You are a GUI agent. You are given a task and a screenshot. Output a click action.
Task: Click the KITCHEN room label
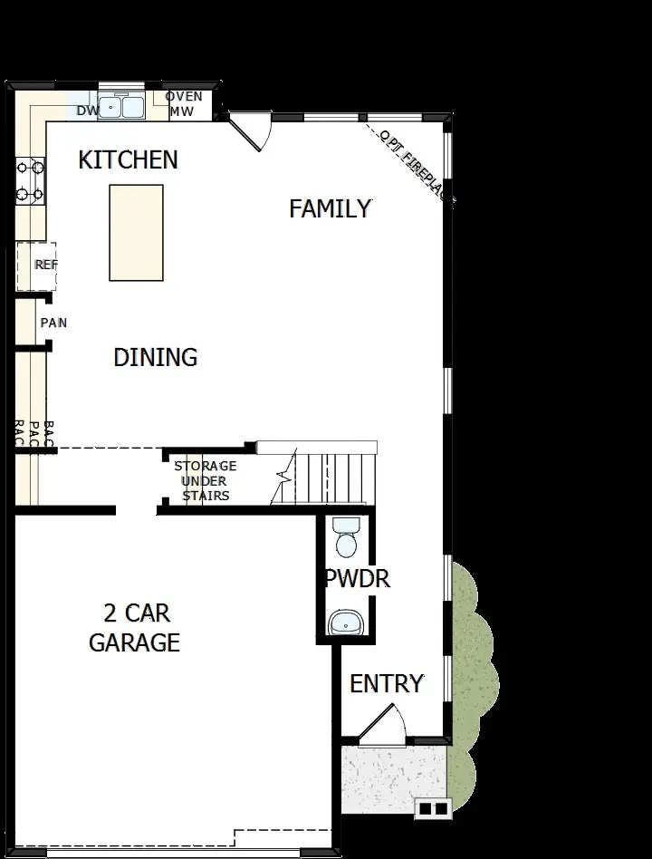(x=128, y=159)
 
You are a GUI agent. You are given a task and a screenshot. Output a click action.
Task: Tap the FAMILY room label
(x=330, y=208)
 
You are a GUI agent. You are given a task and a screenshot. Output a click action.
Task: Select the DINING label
(x=155, y=357)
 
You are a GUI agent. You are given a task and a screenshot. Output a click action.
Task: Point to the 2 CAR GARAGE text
(x=134, y=628)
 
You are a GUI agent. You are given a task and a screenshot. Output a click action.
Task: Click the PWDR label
(x=358, y=578)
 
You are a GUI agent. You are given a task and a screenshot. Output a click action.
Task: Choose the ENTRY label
(x=387, y=683)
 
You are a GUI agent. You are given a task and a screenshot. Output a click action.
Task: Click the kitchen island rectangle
(x=137, y=233)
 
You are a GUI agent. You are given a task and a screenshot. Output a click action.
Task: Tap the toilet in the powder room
(x=346, y=538)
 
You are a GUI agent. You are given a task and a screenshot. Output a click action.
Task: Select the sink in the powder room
(x=345, y=622)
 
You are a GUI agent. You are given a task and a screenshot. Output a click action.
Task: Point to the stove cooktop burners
(x=30, y=180)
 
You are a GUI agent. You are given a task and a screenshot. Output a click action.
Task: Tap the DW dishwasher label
(x=87, y=111)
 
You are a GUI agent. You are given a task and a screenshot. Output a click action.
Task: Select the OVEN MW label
(x=185, y=104)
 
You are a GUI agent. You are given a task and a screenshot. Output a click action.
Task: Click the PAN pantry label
(x=53, y=323)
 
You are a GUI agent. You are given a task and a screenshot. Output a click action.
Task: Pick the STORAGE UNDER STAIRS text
(x=206, y=480)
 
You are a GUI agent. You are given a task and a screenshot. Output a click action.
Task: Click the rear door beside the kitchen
(x=251, y=132)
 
